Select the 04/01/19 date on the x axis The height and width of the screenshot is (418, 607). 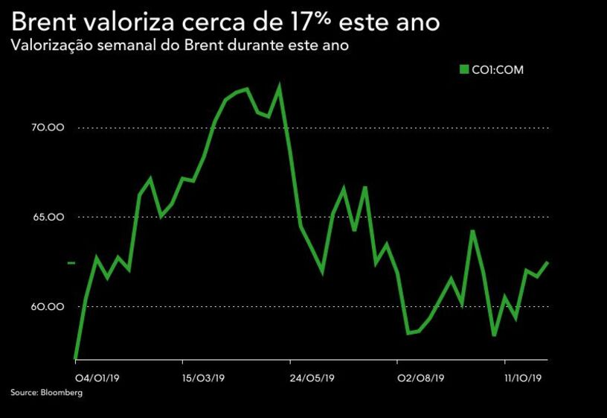93,378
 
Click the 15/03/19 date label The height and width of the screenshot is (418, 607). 203,378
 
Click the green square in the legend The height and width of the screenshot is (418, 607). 465,70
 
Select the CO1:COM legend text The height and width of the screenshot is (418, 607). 498,70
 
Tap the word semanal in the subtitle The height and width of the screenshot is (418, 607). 121,45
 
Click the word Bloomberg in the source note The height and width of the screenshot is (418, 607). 62,393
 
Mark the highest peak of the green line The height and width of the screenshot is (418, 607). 279,86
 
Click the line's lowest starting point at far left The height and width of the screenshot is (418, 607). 76,358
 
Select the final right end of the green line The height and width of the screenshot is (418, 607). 548,262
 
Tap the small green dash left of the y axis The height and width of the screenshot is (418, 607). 71,263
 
